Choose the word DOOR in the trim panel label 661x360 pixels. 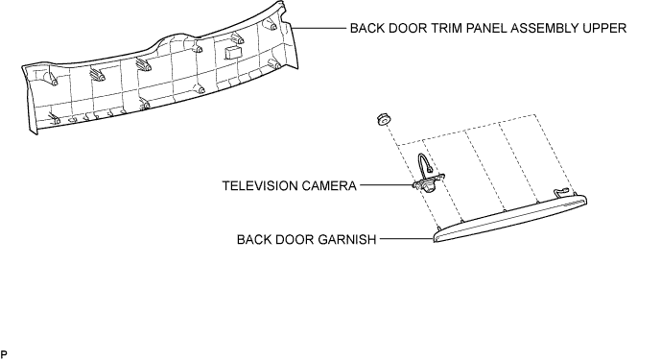click(405, 28)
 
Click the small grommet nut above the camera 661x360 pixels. click(383, 119)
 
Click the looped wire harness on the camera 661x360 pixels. click(424, 161)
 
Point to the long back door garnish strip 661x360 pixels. click(510, 218)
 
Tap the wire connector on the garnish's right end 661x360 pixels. click(561, 192)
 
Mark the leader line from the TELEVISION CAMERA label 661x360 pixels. click(387, 185)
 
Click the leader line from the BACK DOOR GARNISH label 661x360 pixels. click(407, 238)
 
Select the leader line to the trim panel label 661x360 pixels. click(319, 28)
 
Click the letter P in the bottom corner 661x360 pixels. click(4, 354)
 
